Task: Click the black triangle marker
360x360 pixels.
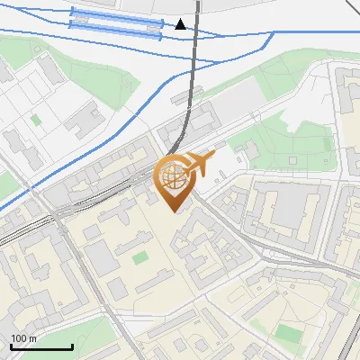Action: [x=181, y=24]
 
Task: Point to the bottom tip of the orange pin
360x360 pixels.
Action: [x=174, y=211]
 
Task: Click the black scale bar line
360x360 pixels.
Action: [x=41, y=346]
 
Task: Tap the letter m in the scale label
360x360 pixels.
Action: [x=33, y=338]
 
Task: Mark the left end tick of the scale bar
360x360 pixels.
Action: [x=11, y=345]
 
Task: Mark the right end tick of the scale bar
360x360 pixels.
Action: [x=72, y=345]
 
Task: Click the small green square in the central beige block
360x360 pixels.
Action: [x=139, y=258]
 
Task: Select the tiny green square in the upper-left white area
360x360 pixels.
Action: [x=36, y=119]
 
